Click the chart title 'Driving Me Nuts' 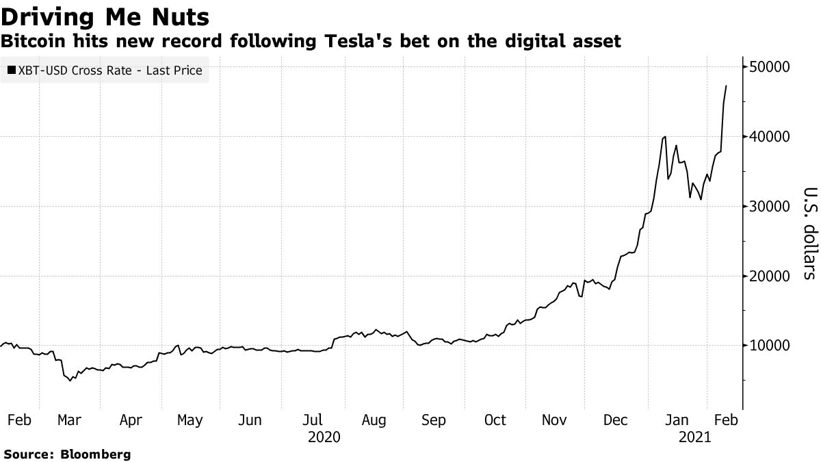tap(105, 15)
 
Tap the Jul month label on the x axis tap(314, 420)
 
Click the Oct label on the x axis tap(495, 420)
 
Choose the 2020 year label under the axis tap(324, 436)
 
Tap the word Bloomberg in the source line tap(96, 454)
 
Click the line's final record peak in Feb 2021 tap(726, 86)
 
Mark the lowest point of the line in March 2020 tap(70, 381)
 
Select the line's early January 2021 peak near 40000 tap(664, 137)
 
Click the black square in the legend tap(10, 70)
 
